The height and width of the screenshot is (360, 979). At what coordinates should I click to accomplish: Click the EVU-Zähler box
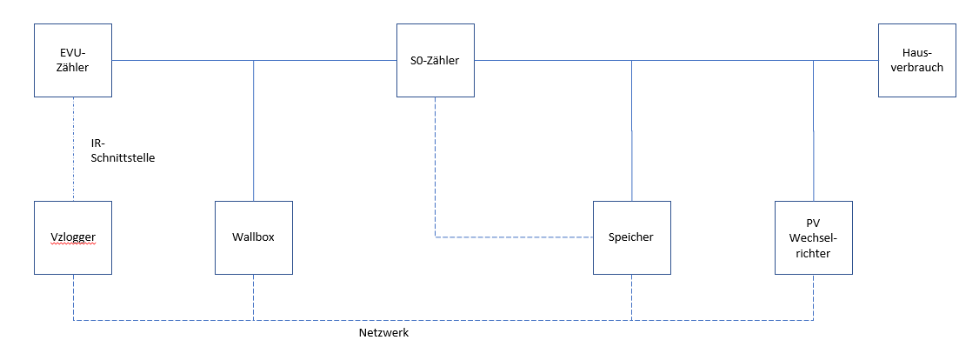(x=73, y=60)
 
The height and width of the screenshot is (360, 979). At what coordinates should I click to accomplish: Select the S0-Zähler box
(x=436, y=60)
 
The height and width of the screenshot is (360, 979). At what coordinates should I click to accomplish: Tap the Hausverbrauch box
(x=916, y=60)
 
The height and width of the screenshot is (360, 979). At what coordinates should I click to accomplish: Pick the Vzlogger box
(x=73, y=237)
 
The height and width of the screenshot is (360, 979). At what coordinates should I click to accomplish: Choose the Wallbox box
(x=253, y=237)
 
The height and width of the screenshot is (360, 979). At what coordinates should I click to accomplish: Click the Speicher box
(x=631, y=237)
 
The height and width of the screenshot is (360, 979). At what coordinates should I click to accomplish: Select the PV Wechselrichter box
(x=813, y=237)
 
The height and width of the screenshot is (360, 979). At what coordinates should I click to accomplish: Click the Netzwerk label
(x=383, y=333)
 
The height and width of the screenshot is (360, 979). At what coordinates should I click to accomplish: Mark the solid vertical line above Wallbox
(x=253, y=130)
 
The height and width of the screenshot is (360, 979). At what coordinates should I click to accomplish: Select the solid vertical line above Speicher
(x=631, y=130)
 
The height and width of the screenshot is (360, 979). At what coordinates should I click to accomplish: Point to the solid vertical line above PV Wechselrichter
(x=813, y=130)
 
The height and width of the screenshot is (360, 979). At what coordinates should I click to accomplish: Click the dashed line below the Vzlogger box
(x=73, y=297)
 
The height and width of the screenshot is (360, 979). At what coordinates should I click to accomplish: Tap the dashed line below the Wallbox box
(x=253, y=297)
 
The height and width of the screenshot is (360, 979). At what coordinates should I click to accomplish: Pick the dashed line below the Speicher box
(x=631, y=297)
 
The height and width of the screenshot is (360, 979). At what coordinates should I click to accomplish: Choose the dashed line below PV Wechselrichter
(x=813, y=297)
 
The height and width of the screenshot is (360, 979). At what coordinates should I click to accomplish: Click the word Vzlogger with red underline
(x=73, y=238)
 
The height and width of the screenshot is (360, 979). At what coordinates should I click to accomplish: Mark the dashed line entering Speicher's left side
(x=522, y=237)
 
